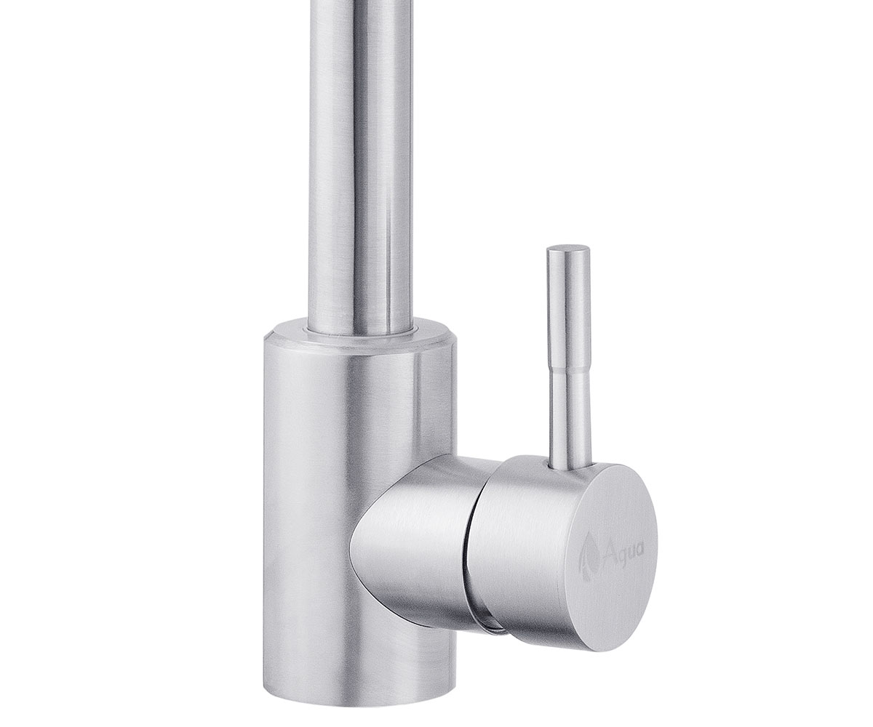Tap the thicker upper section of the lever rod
click(570, 307)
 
